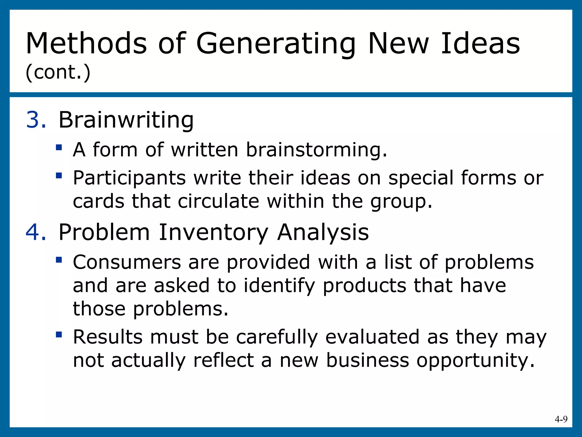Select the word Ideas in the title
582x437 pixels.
(480, 43)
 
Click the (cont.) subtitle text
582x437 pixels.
(58, 72)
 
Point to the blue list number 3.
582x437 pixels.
(35, 120)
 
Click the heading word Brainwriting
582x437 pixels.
(126, 120)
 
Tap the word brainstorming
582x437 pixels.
(316, 150)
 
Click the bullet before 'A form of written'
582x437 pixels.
(59, 147)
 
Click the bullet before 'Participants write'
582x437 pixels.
(59, 176)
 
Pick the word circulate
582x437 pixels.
(218, 201)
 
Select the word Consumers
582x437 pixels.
(127, 262)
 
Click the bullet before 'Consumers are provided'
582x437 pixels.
(59, 260)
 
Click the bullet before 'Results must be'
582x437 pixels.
(59, 334)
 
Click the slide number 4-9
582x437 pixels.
(561, 419)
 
